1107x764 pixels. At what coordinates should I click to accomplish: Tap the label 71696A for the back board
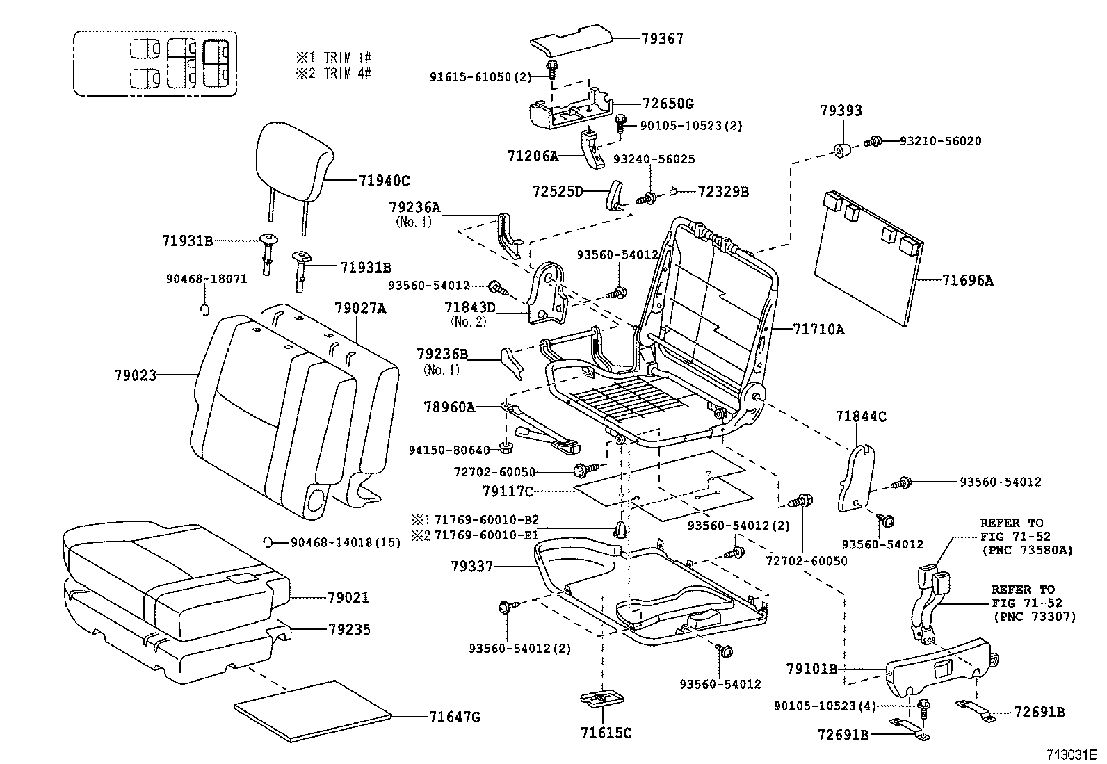967,281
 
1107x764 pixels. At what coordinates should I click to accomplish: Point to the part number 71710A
818,330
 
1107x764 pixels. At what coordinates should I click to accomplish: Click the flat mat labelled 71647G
313,708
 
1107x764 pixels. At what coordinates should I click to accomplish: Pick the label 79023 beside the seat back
135,375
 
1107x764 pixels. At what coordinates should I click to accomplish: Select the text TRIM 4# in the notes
347,74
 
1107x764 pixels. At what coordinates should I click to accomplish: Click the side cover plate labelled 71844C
860,478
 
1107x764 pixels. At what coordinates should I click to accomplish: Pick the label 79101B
811,669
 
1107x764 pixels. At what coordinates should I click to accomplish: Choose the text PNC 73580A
1028,550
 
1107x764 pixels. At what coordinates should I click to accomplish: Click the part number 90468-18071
206,279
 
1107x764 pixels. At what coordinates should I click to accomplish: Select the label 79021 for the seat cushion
348,598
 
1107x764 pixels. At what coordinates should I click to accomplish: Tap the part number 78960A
449,407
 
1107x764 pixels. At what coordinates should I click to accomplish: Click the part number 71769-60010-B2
486,520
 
